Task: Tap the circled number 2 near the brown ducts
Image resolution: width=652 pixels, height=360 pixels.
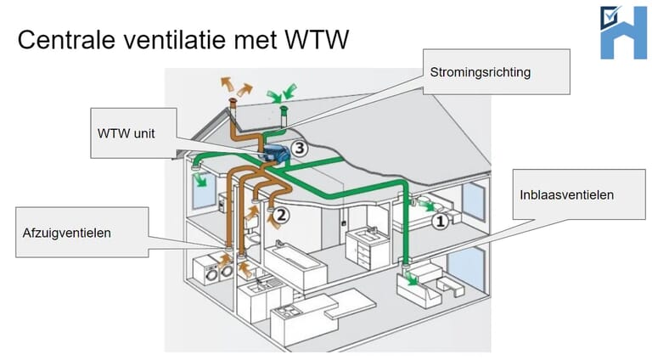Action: click(282, 215)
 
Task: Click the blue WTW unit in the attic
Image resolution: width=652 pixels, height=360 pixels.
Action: click(274, 154)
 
